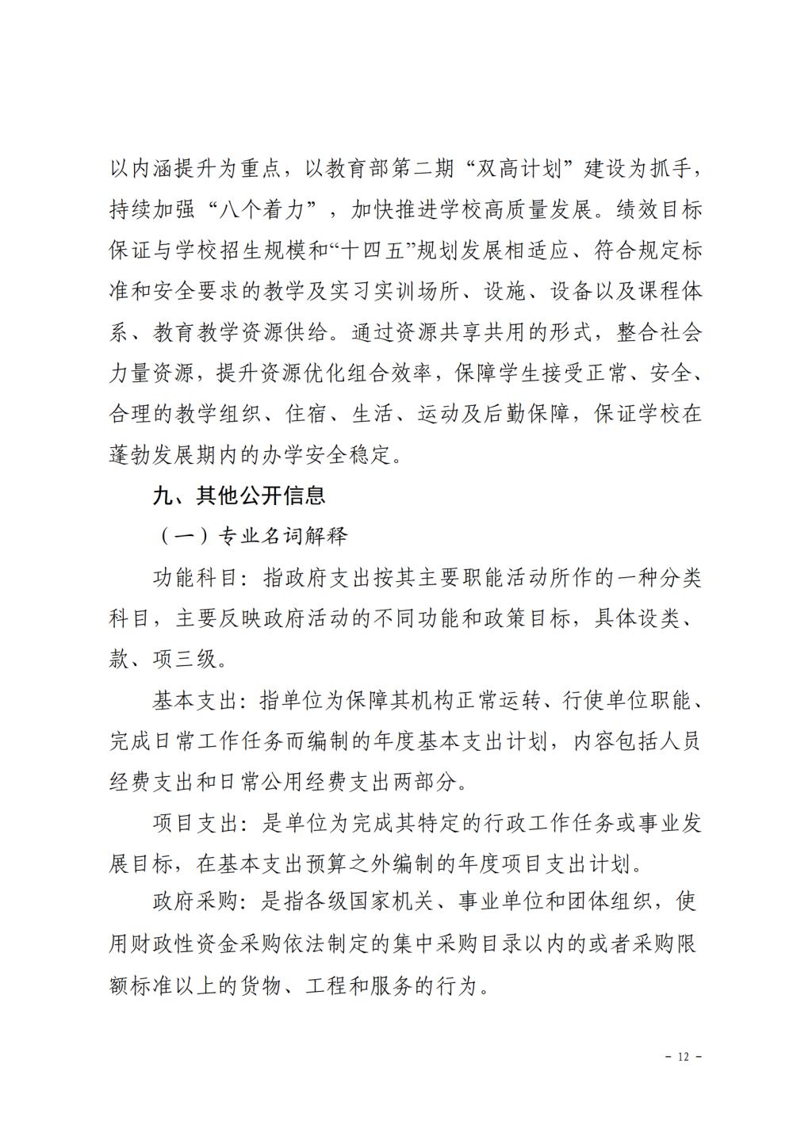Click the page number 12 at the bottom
(x=684, y=1057)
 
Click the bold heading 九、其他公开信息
(x=239, y=496)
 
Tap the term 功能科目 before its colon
(x=196, y=578)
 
